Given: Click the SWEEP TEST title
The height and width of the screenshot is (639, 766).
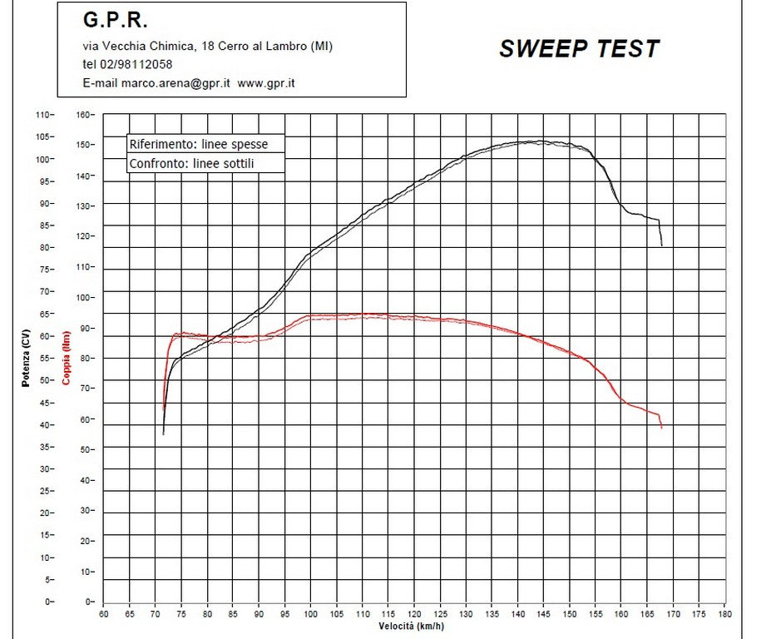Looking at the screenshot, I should pos(579,49).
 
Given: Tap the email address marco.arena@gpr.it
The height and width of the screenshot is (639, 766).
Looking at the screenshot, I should pos(175,83).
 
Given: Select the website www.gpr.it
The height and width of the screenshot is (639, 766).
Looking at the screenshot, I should pos(267,83).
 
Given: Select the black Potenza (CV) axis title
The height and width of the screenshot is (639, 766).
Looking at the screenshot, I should pos(26,359).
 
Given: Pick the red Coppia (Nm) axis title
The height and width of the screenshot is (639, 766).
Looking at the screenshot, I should pos(67,359).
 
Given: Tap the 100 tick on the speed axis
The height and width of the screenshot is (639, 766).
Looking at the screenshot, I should pos(310,614).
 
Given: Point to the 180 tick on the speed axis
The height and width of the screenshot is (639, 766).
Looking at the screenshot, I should pos(724,614).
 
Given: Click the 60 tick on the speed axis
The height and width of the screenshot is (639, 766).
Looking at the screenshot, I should pos(103,614).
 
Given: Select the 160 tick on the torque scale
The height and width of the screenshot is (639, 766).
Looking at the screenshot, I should pos(84,114).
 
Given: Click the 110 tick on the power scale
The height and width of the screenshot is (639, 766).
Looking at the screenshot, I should pos(43,114).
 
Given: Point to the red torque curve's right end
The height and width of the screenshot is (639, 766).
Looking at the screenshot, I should pos(662,428).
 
